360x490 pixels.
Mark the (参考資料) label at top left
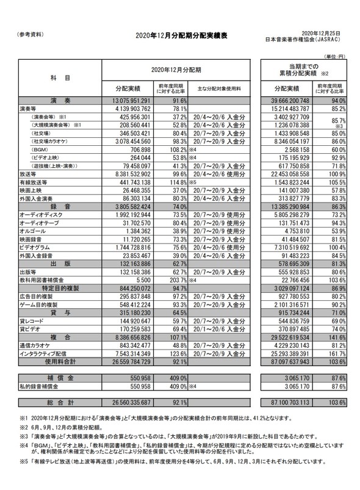click(29, 34)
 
